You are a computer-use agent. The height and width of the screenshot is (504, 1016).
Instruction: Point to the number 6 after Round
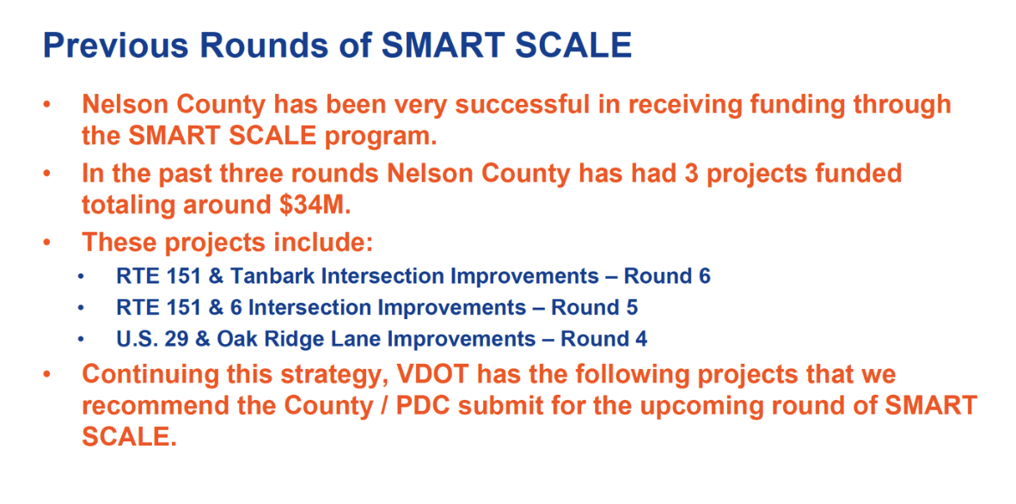[704, 276]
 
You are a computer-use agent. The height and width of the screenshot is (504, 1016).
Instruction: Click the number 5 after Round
[632, 307]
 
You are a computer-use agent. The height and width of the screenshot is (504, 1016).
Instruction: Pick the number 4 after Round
[641, 339]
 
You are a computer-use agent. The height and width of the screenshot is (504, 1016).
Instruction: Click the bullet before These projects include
[46, 243]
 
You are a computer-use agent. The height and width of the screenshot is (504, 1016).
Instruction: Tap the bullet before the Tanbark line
[80, 277]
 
